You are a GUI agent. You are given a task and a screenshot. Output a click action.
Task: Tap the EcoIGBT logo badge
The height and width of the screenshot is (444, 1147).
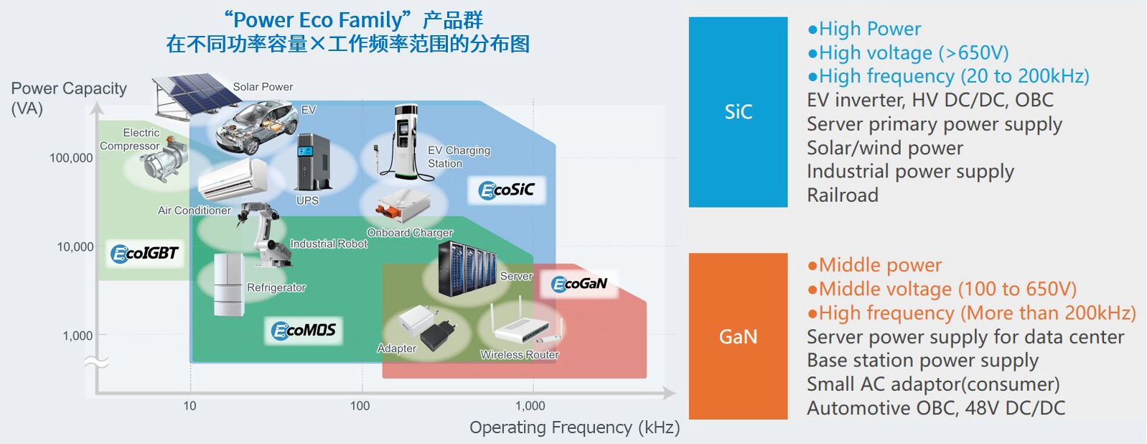(x=144, y=253)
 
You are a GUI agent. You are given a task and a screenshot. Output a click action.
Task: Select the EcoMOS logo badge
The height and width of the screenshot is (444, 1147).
(x=304, y=330)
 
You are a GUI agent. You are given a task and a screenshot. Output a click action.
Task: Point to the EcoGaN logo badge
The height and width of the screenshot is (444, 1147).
(x=579, y=284)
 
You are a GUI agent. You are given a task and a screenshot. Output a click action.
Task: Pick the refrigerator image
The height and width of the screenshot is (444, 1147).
(x=229, y=285)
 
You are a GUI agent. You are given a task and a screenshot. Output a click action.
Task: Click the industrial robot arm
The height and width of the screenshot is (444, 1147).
(x=261, y=231)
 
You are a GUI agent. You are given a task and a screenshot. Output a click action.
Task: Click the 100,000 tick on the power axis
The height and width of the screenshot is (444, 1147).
(x=71, y=158)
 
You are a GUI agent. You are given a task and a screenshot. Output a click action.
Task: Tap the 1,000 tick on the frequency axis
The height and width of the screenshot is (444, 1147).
(x=530, y=406)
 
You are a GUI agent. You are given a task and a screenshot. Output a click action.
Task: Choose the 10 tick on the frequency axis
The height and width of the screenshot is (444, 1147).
(x=189, y=406)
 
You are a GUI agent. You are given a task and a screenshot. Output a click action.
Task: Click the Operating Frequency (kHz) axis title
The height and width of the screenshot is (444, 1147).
(x=574, y=427)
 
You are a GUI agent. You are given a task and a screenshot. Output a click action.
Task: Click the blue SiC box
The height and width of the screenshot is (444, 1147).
(x=738, y=112)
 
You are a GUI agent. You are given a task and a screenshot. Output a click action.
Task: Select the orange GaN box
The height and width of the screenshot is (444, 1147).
(x=738, y=336)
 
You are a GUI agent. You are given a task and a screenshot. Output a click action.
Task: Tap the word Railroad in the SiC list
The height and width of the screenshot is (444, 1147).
(x=843, y=195)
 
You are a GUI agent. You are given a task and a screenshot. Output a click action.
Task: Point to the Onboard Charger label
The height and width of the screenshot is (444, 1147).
(x=410, y=233)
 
